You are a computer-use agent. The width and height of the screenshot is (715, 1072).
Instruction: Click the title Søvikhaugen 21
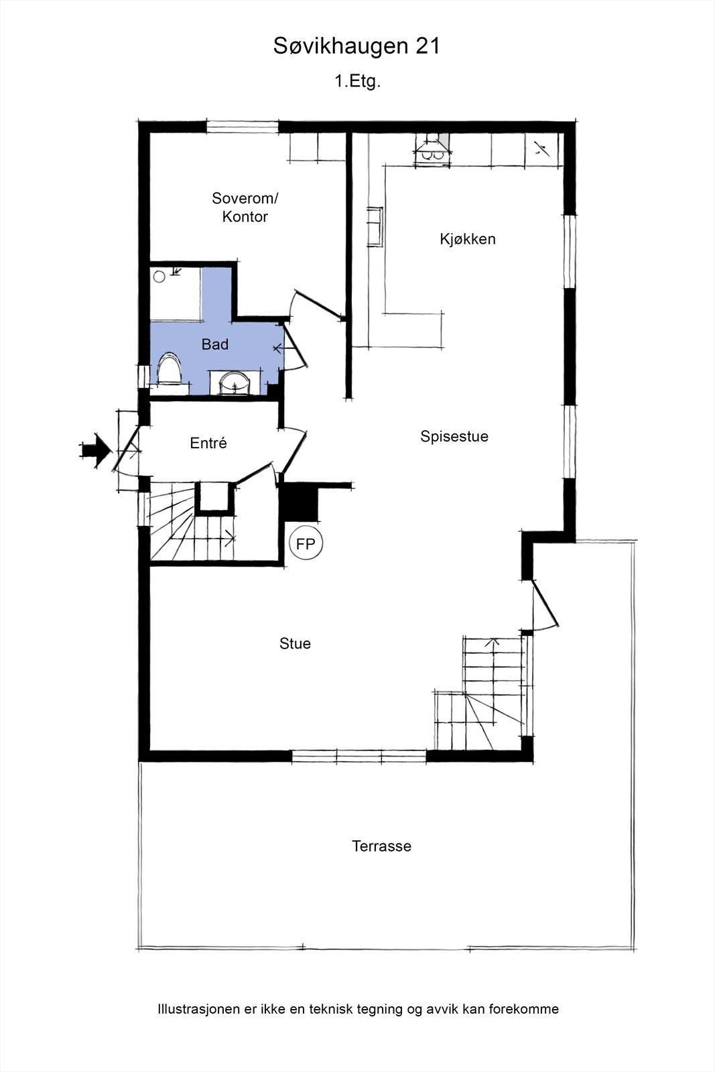tap(356, 46)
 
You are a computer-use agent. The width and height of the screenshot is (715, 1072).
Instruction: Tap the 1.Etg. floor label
tap(358, 82)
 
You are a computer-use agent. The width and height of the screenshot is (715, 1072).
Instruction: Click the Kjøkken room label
tap(468, 239)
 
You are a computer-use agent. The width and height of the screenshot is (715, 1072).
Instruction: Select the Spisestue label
tap(454, 436)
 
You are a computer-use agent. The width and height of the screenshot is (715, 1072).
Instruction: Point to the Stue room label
tap(295, 643)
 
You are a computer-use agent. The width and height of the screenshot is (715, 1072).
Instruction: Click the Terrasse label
tap(381, 846)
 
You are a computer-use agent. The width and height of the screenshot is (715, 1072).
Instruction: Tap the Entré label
tap(208, 443)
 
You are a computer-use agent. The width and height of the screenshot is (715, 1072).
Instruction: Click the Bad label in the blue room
tap(215, 344)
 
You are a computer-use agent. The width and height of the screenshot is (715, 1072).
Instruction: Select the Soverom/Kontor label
tap(245, 207)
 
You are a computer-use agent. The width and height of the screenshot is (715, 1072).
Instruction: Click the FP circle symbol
tap(306, 544)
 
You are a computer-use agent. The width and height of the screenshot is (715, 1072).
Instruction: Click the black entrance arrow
tap(95, 450)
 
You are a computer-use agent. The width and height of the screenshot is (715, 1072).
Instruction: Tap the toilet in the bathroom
tap(170, 370)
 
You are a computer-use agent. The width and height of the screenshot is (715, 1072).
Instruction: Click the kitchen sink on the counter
tap(375, 227)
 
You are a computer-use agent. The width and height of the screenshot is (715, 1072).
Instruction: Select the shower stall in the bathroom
tap(176, 293)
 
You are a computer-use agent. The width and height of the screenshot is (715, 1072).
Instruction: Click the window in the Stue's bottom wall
tap(359, 756)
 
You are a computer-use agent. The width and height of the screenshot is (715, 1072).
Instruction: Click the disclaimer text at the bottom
tap(358, 1009)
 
